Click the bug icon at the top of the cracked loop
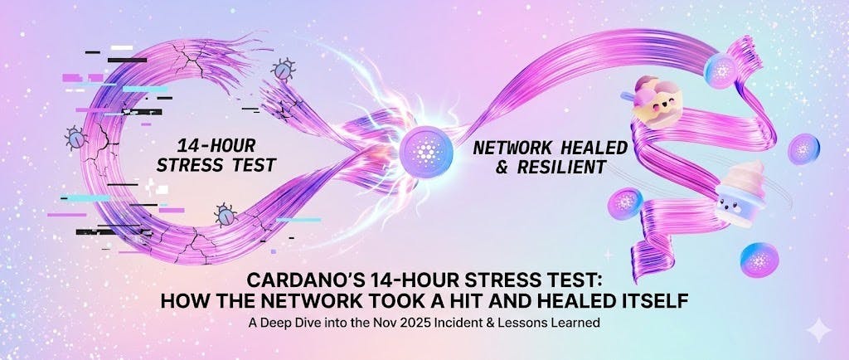pos(284,69)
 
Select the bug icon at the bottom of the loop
pos(225,215)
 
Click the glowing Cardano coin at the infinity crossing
pos(424,151)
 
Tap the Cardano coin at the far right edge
pos(803,149)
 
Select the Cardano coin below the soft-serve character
pos(757,256)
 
